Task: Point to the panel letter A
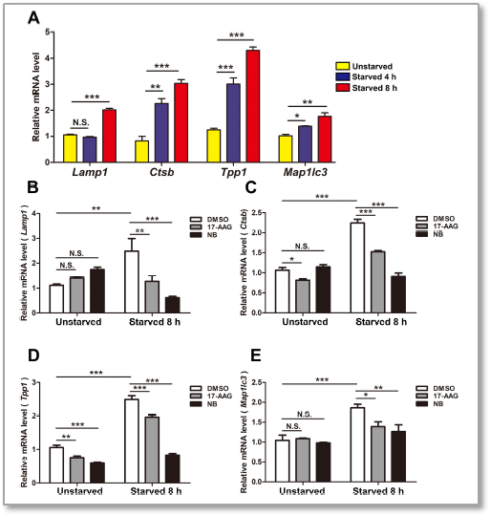(x=33, y=16)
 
